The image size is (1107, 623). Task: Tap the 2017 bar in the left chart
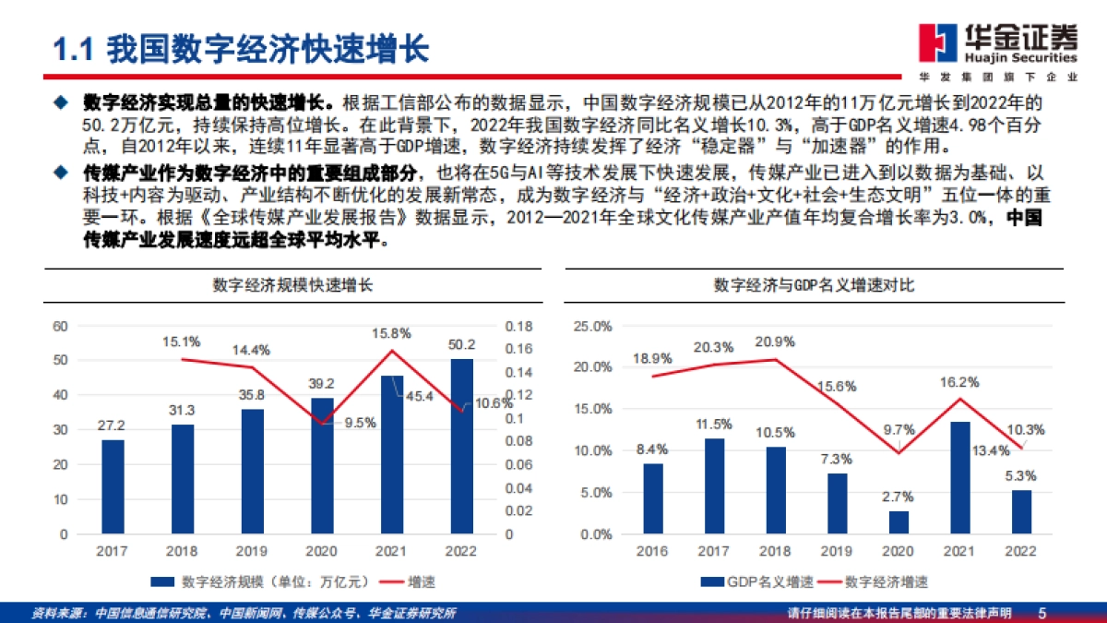tap(113, 486)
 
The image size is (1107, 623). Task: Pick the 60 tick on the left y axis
tap(61, 326)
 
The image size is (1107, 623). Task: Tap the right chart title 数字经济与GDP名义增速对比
tap(814, 286)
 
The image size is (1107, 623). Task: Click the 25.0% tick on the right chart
tap(593, 326)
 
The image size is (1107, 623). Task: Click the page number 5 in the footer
tap(1042, 613)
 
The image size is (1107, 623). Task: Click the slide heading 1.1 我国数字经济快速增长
tap(240, 48)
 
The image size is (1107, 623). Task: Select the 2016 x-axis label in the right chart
tap(653, 551)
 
